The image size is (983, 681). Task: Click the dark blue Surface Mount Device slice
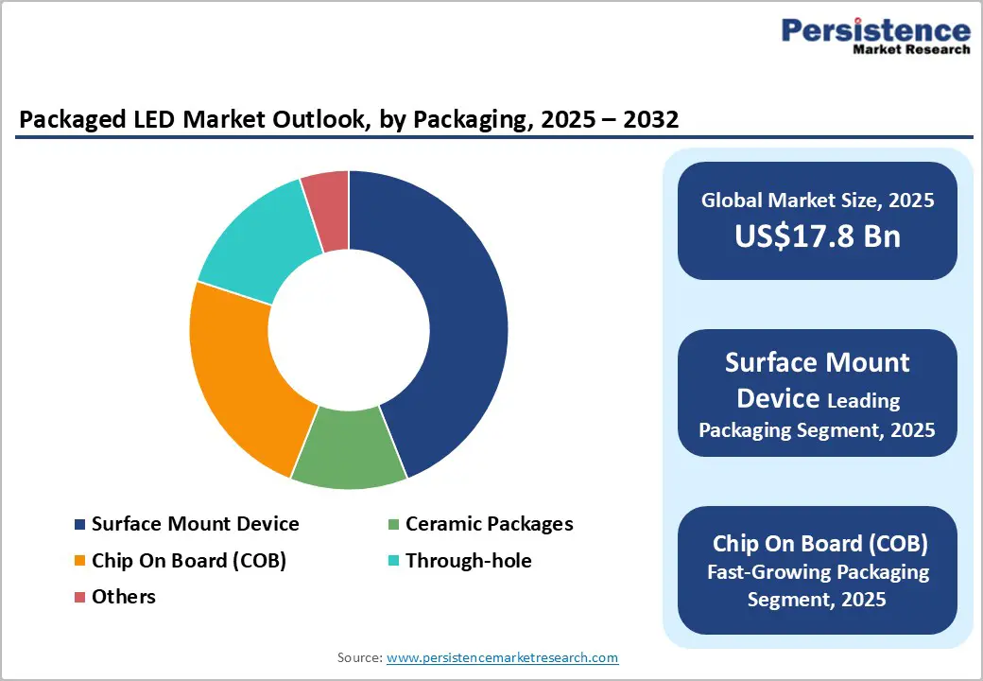(444, 312)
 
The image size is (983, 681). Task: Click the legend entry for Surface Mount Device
(195, 524)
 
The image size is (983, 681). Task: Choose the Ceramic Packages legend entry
(489, 524)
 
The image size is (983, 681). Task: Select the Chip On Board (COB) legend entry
(188, 561)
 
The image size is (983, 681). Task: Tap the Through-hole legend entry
(468, 561)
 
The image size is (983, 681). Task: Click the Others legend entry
(123, 597)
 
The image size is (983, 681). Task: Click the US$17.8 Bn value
(818, 236)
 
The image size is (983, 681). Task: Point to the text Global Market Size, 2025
(818, 201)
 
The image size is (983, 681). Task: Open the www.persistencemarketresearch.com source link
(502, 657)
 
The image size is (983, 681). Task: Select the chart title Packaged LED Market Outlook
(349, 119)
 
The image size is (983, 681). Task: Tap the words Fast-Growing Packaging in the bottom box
(819, 572)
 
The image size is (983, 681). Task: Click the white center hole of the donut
(349, 330)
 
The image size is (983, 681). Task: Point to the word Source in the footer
(358, 657)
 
